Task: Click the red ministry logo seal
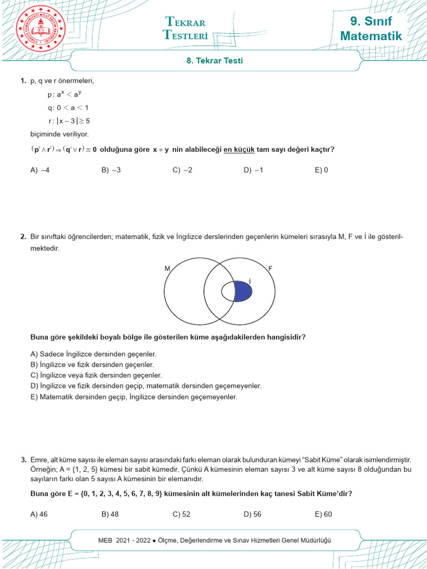point(41,29)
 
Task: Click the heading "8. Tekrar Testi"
point(214,61)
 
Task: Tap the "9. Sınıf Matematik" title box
point(371,29)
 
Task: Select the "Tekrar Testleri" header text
point(186,28)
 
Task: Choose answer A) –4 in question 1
point(40,171)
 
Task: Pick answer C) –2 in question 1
point(182,171)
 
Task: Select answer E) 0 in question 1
point(321,171)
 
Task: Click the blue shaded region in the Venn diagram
point(242,292)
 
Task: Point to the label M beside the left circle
point(167,268)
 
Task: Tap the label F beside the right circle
point(271,268)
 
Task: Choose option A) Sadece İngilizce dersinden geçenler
point(93,354)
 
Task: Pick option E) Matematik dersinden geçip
point(133,397)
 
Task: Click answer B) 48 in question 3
point(110,514)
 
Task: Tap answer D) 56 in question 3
point(252,514)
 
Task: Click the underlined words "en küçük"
point(239,149)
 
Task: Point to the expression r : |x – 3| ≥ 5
point(69,121)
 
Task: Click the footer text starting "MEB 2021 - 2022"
point(214,540)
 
